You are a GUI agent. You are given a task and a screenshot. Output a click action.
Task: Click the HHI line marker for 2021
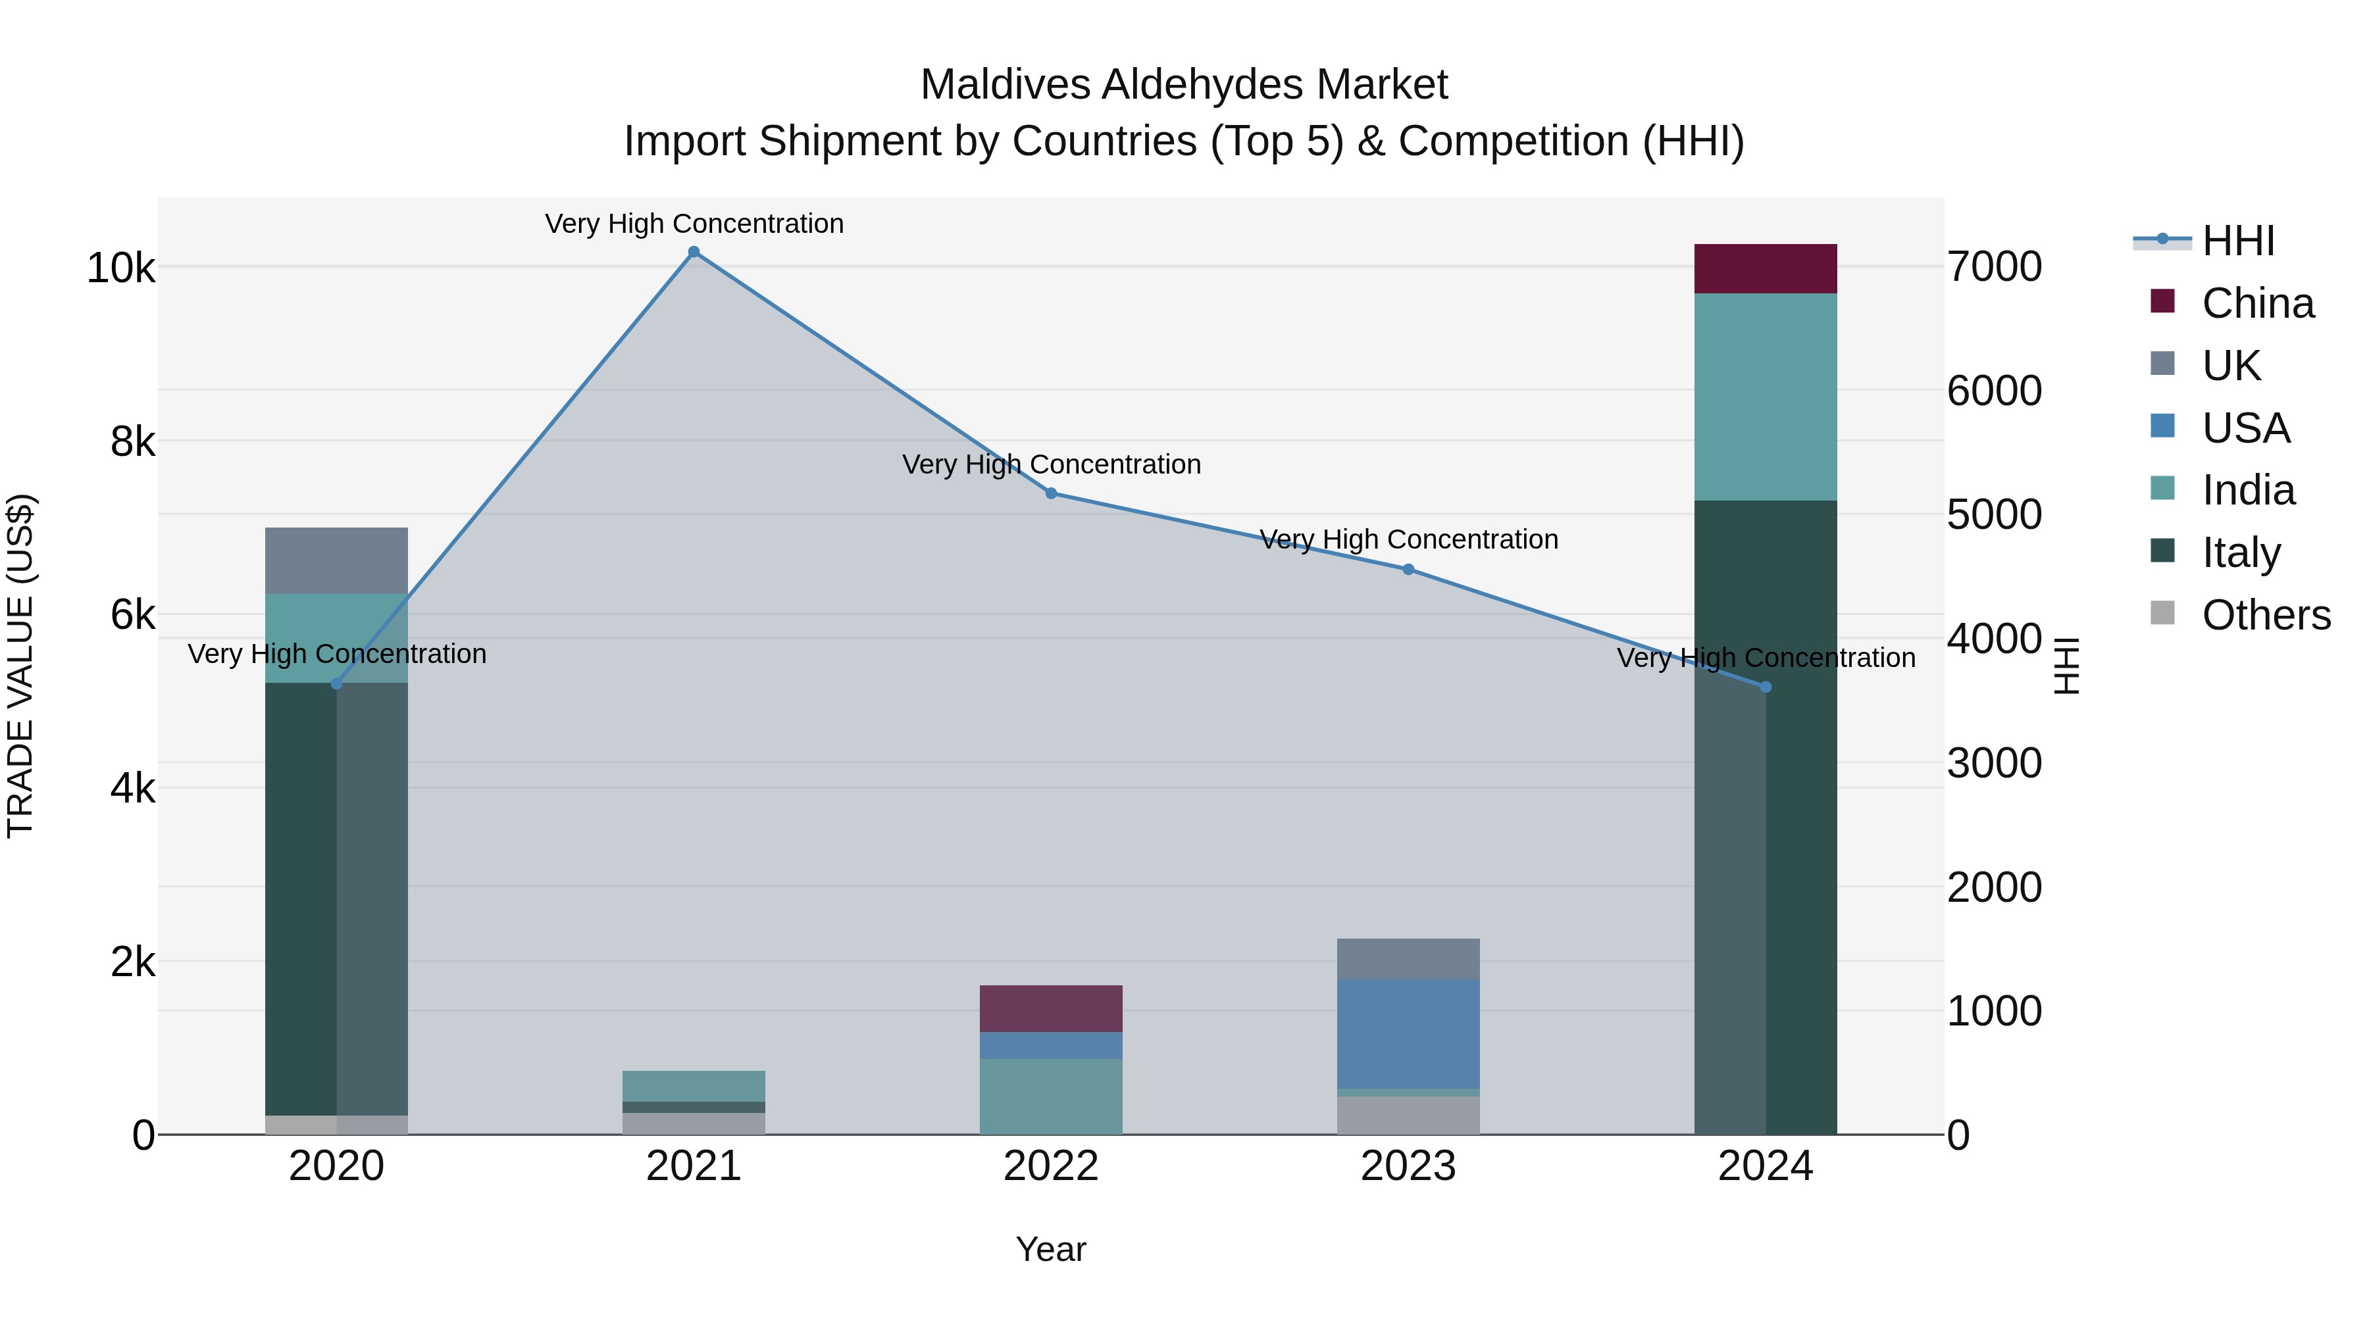[694, 252]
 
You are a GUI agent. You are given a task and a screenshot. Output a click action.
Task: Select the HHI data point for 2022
[1051, 493]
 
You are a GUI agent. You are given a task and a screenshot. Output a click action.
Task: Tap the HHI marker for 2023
[1408, 569]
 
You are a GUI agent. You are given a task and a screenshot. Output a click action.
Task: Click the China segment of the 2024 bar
[1765, 268]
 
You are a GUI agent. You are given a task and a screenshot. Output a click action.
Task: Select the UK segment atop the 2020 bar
[336, 560]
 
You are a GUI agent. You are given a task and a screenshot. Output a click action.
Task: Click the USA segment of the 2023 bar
[1408, 1033]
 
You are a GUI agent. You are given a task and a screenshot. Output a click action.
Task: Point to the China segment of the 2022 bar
[1051, 1008]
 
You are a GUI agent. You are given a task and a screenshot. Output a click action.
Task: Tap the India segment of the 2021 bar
[694, 1085]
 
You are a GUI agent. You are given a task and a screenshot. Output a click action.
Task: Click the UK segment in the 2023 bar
[1408, 959]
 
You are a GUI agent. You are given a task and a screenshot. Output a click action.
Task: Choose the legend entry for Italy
[2241, 553]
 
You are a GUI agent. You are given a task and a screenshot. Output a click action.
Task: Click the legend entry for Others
[2266, 615]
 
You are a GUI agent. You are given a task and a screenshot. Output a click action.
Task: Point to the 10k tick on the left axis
[120, 268]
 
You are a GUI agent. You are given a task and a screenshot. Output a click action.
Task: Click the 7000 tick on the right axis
[1994, 266]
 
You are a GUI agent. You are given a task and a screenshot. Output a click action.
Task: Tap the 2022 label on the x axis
[1051, 1166]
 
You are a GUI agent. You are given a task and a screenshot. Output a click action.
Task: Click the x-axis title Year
[1051, 1249]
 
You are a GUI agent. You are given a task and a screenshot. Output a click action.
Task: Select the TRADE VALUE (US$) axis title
[21, 666]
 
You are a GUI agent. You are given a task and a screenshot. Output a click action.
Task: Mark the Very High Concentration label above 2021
[694, 224]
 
